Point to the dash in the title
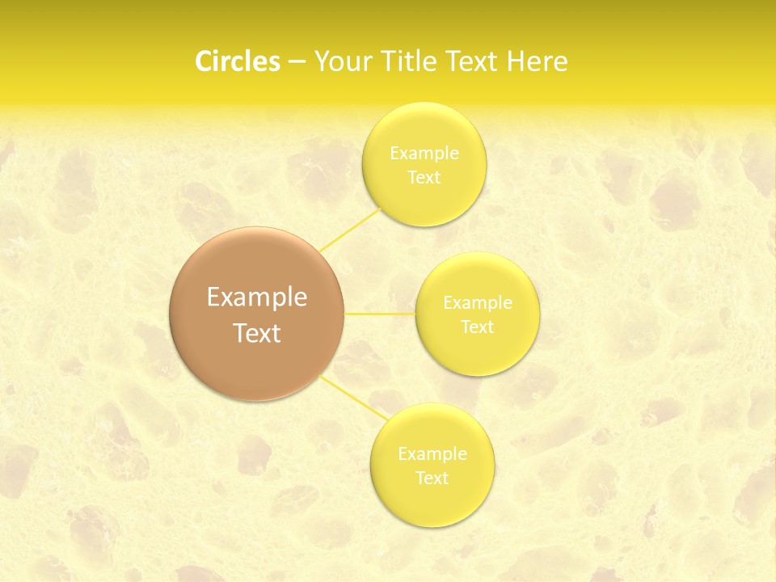click(296, 61)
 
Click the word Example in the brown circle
click(257, 297)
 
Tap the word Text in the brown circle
click(257, 333)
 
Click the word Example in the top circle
click(424, 154)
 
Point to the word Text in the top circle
click(424, 178)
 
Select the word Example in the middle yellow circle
click(478, 303)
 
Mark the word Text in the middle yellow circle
click(477, 327)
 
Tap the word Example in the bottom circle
click(432, 454)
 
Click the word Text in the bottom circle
click(432, 479)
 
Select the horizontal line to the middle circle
click(380, 314)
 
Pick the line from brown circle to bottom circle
click(356, 398)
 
